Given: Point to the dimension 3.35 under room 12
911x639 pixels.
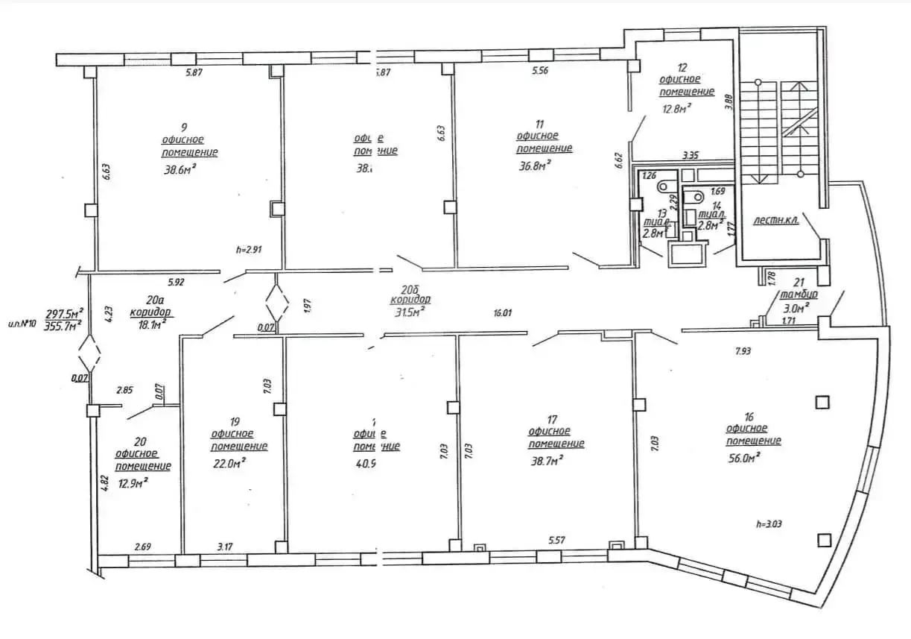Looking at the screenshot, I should [x=690, y=156].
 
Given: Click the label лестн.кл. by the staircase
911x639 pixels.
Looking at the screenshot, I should [x=775, y=221].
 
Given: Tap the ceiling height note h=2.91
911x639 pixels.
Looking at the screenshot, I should [x=249, y=250].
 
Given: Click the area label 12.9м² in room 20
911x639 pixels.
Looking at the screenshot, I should [x=133, y=482].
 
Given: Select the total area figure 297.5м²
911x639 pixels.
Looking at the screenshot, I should [x=64, y=313].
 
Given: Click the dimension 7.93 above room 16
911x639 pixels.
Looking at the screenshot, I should [x=741, y=350].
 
